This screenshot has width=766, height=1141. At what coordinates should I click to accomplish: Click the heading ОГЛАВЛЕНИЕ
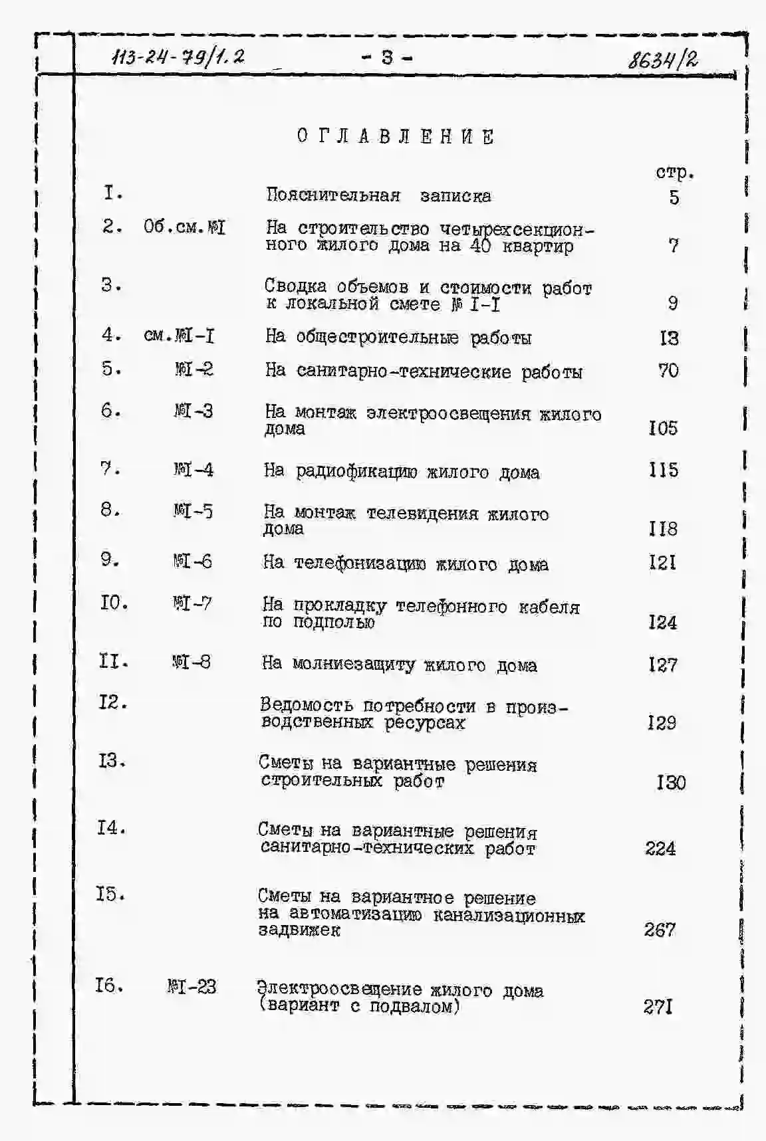point(396,136)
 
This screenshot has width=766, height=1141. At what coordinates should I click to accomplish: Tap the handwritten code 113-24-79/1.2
point(178,57)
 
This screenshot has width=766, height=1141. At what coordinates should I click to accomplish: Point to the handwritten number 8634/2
point(663,60)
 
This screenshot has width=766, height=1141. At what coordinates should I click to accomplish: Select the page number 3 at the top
point(387,58)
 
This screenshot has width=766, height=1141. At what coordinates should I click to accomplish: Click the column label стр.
point(674,173)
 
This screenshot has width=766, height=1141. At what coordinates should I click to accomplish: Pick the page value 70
point(668,370)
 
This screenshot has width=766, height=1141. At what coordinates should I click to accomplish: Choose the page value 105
point(663,428)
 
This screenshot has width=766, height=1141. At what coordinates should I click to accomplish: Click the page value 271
point(658,1007)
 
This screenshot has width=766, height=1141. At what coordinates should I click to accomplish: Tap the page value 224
point(660,849)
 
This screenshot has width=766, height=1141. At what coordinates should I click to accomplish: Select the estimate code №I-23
point(191,987)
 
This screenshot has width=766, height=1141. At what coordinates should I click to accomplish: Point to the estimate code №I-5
point(193,511)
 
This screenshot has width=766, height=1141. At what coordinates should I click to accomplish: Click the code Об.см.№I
point(184,227)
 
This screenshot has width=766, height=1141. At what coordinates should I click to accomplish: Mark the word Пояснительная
point(333,195)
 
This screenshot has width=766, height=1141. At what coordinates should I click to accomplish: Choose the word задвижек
point(299,930)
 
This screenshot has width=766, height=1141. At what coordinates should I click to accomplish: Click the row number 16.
point(108,985)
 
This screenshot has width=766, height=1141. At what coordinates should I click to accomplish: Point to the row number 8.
point(110,510)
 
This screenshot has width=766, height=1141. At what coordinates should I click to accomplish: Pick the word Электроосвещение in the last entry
point(338,989)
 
